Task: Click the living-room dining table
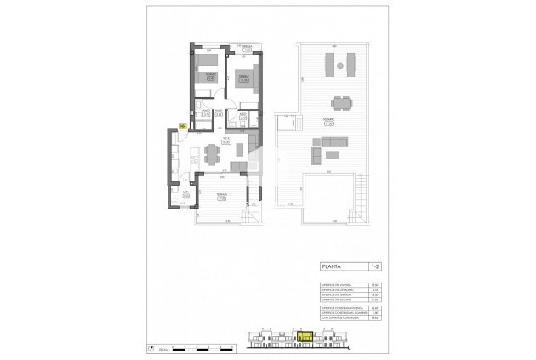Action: click(x=210, y=152)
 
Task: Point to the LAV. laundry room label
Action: click(x=185, y=194)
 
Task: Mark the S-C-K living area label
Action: click(x=227, y=142)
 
